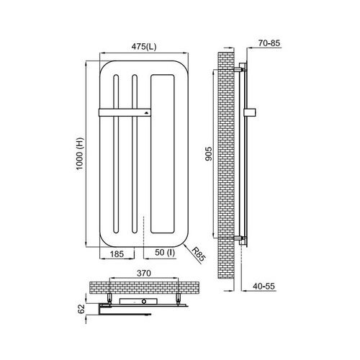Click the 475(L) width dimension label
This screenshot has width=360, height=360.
click(144, 47)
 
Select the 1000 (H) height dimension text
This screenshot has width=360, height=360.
click(80, 154)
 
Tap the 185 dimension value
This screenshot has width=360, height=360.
click(117, 254)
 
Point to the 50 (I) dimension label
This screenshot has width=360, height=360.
click(165, 253)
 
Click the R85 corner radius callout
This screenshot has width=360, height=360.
click(199, 255)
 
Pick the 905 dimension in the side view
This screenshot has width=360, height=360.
click(209, 154)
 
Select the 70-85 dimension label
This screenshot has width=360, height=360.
click(269, 43)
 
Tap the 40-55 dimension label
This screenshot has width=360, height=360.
click(264, 286)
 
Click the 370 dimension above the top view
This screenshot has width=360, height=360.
click(144, 273)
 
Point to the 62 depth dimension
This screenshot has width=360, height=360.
click(82, 309)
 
